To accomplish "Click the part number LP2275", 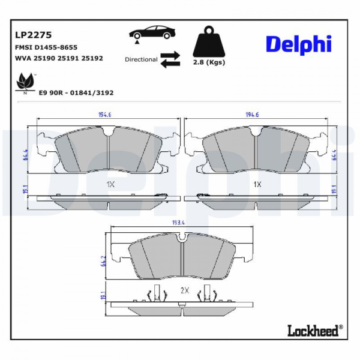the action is click(33, 35).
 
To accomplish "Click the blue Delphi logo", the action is click(298, 44).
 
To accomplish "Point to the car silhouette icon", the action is click(152, 32).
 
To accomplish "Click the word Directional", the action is click(141, 59).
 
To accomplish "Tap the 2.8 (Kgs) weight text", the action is click(209, 62).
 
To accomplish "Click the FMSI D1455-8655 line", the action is click(46, 47).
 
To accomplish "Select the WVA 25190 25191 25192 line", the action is click(59, 58).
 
